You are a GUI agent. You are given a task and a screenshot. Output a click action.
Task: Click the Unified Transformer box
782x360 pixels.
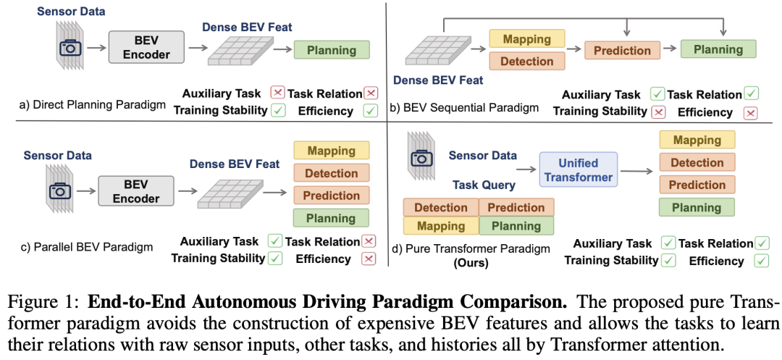tap(579, 171)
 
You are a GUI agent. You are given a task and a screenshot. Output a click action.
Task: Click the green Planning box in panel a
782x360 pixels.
tap(332, 50)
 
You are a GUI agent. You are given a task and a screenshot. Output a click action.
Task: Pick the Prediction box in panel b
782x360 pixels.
tap(622, 51)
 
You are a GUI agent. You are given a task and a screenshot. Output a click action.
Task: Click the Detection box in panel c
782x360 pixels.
tap(331, 173)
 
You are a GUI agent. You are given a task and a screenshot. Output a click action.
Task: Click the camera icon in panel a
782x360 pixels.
tap(70, 48)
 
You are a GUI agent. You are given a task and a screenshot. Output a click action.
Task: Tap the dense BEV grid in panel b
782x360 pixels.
tap(435, 50)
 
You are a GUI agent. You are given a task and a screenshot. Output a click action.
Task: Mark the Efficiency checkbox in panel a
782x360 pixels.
tap(370, 112)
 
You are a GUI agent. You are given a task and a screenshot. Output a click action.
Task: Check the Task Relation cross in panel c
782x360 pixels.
tap(369, 241)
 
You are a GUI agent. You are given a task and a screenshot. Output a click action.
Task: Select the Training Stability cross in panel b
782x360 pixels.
tap(658, 112)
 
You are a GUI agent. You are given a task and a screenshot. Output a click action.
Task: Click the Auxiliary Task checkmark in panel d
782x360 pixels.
tap(668, 243)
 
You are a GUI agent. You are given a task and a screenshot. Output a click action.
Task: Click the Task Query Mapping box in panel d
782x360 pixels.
tap(440, 226)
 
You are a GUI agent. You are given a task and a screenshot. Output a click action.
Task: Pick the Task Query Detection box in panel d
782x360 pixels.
tap(440, 208)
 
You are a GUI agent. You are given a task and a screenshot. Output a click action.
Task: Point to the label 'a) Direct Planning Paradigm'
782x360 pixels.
tap(93, 105)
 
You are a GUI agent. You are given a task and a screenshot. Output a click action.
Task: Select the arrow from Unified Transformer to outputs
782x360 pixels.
tap(637, 172)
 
